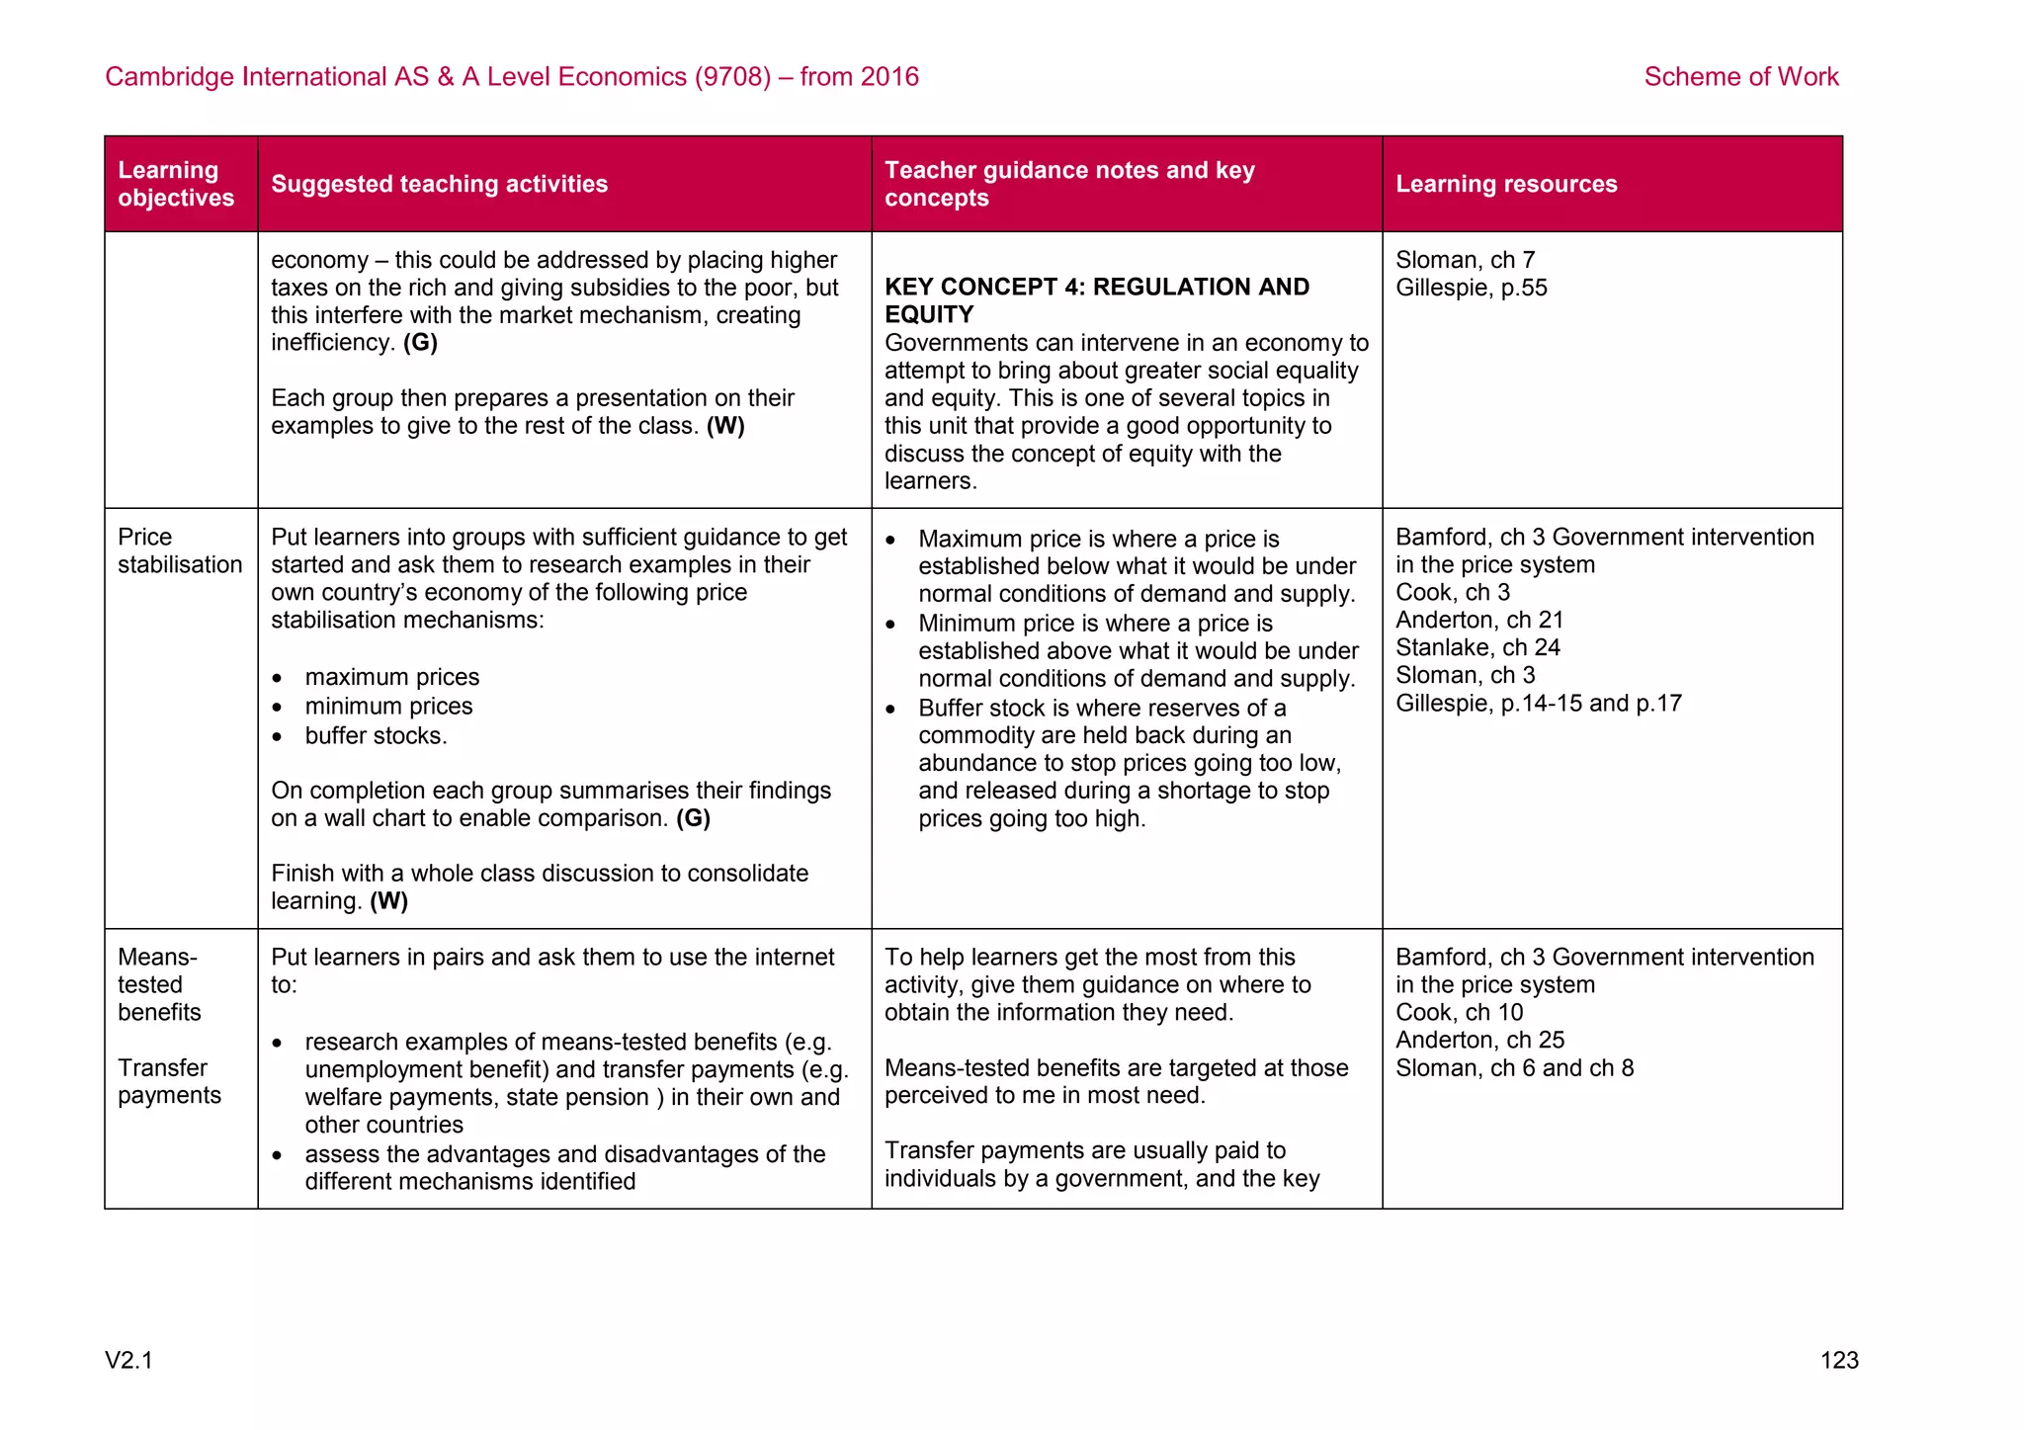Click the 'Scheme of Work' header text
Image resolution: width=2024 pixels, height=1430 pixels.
click(x=1740, y=77)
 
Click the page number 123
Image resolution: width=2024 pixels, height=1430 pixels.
click(x=1838, y=1360)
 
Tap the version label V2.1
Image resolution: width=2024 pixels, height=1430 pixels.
click(x=129, y=1360)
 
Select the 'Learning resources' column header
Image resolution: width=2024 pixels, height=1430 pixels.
click(x=1505, y=184)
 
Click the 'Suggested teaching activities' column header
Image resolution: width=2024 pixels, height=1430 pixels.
click(x=439, y=184)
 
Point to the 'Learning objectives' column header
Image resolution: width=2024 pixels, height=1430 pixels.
click(x=176, y=184)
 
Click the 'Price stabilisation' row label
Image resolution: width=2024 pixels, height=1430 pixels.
click(x=179, y=550)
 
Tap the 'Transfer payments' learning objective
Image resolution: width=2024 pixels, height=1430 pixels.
click(x=169, y=1081)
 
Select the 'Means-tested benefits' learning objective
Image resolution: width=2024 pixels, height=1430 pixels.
click(x=158, y=984)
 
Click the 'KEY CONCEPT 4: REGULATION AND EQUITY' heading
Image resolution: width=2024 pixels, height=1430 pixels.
click(x=1096, y=300)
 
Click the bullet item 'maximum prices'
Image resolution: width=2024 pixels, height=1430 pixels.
click(x=391, y=677)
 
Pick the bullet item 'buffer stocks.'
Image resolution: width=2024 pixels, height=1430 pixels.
click(x=376, y=735)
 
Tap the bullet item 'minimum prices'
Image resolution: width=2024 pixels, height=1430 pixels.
click(x=388, y=706)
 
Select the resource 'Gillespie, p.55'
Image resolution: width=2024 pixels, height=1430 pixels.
click(x=1471, y=288)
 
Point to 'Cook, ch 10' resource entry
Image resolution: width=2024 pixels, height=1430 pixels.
click(x=1459, y=1012)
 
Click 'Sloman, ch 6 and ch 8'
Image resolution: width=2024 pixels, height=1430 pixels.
click(x=1514, y=1067)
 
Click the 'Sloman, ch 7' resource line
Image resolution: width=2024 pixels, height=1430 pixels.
click(x=1465, y=260)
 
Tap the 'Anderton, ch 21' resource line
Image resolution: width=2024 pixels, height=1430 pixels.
click(x=1478, y=620)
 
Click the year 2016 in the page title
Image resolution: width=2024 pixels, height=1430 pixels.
click(x=888, y=77)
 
